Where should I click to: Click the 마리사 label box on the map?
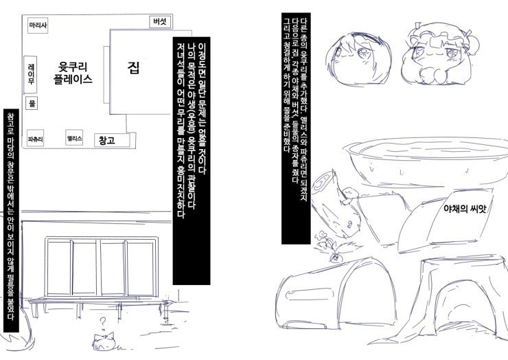pos(38,25)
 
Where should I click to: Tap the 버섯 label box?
pos(160,22)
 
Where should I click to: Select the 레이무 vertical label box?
pos(30,74)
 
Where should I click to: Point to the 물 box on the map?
pos(32,103)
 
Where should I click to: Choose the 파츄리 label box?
pos(35,139)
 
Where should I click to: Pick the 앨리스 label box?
pos(74,138)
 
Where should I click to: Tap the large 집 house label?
pos(133,67)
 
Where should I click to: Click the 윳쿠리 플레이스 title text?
pos(73,73)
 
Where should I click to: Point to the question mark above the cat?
pos(102,322)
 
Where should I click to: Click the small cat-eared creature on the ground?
pos(104,341)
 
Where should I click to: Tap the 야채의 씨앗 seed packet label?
pos(465,209)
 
